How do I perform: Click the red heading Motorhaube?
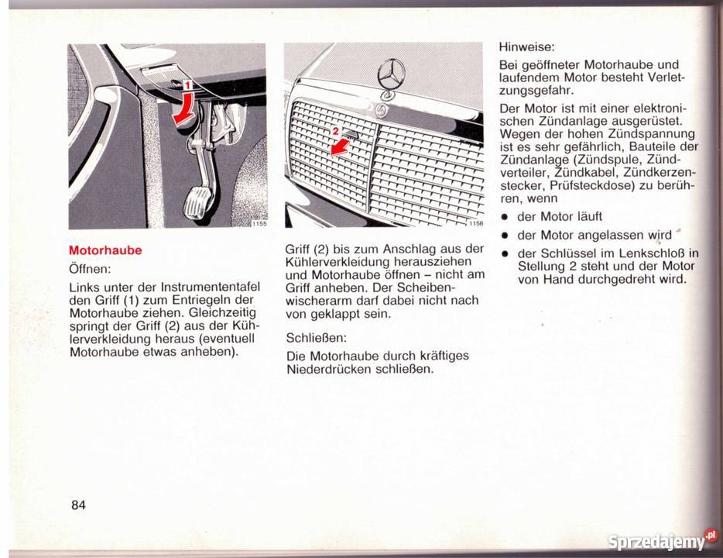pos(105,250)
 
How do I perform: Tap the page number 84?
pos(78,505)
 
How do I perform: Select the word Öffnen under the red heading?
pos(91,270)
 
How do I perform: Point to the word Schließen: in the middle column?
pos(316,338)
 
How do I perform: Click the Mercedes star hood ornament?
pos(391,77)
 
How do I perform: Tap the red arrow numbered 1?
pos(184,105)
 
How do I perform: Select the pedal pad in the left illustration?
pos(197,208)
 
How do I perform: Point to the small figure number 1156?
pos(474,224)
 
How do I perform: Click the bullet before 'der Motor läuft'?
pos(503,216)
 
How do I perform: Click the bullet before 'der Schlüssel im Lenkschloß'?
pos(503,253)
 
